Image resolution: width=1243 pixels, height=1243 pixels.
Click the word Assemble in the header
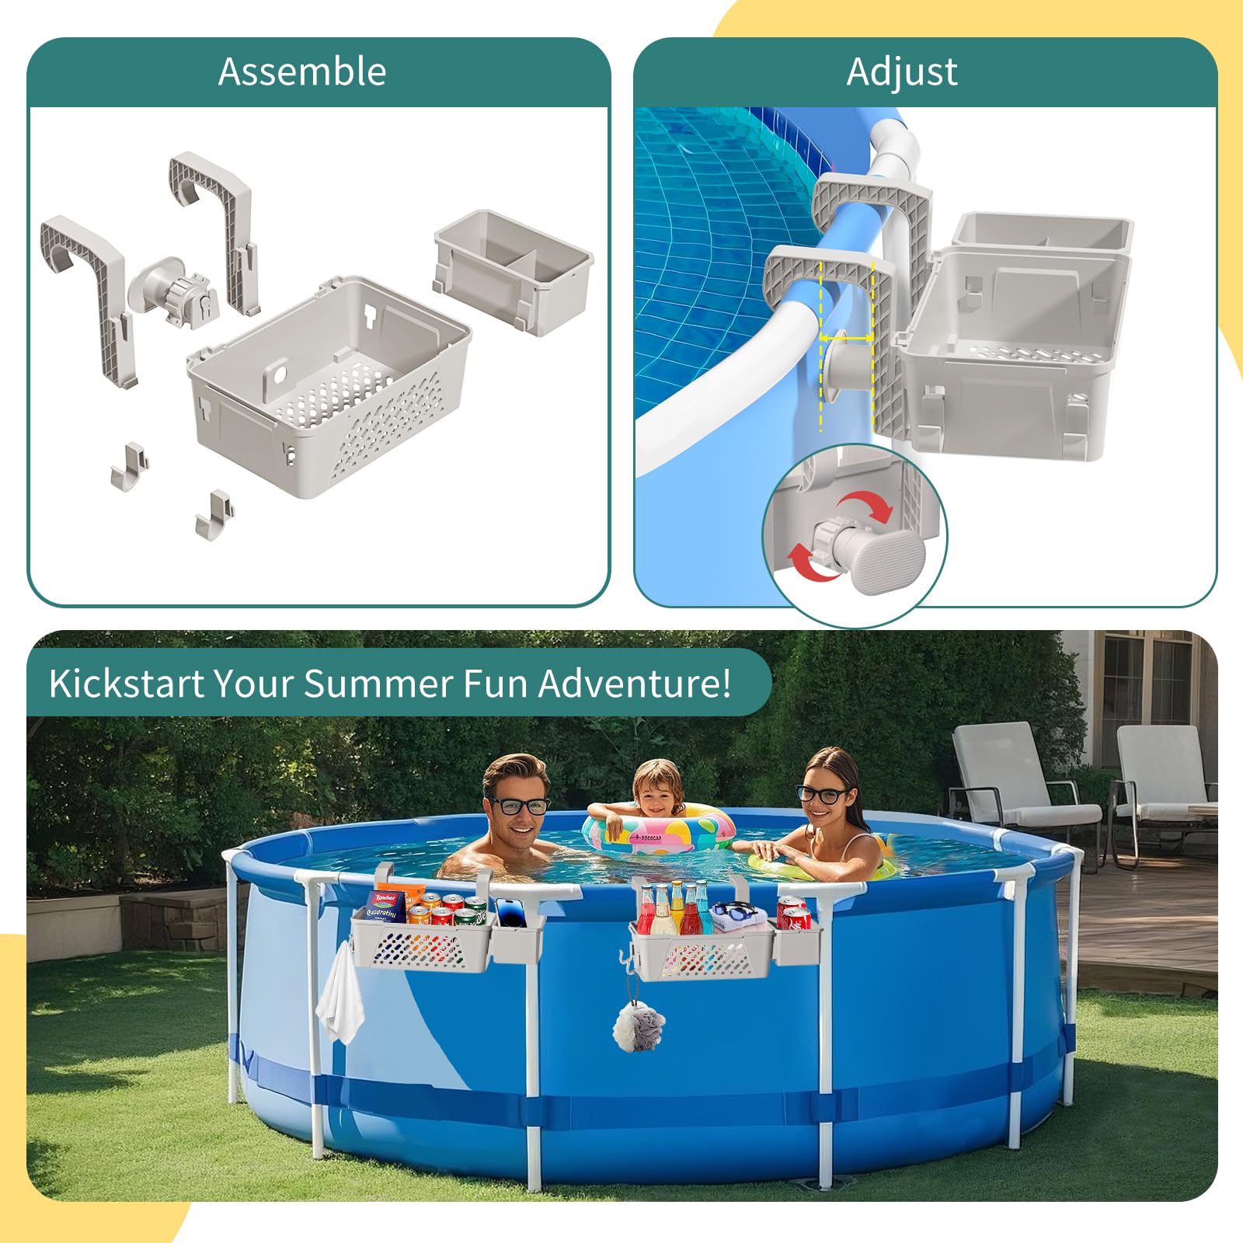click(302, 71)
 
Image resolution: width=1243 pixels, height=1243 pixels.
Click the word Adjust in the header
click(902, 72)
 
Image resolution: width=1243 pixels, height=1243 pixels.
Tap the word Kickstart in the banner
click(127, 684)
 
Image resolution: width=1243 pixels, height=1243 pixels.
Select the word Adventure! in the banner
click(635, 684)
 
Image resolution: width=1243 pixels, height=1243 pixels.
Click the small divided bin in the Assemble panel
click(514, 271)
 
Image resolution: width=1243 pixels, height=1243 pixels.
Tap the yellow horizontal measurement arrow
click(847, 338)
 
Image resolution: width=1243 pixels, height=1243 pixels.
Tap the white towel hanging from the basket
click(340, 995)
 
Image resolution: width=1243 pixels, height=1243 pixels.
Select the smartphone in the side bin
click(511, 912)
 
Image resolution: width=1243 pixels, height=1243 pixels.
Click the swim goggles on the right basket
click(735, 911)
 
